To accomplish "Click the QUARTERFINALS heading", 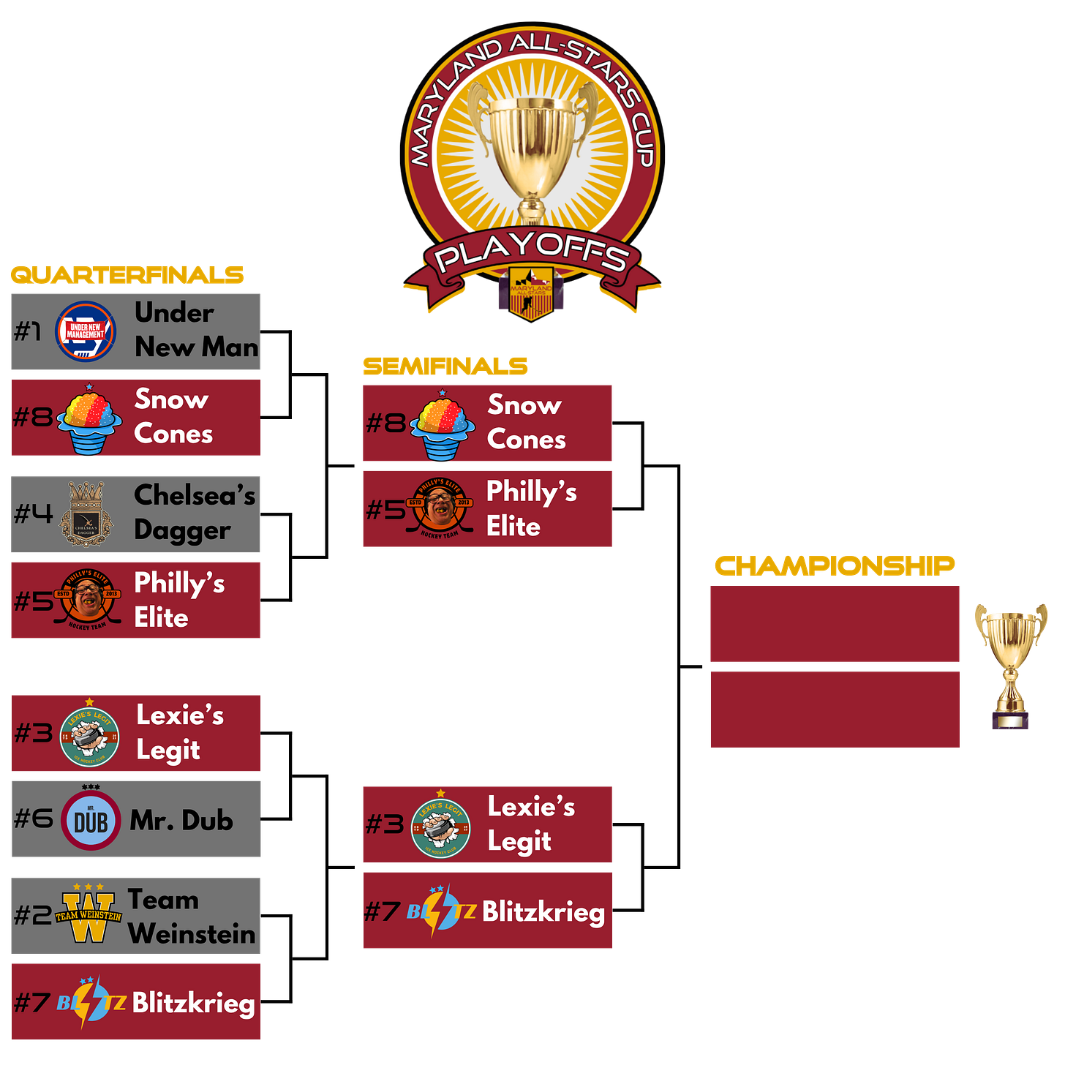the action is point(127,275).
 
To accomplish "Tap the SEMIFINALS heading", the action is point(445,366).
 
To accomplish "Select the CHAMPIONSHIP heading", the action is point(835,565).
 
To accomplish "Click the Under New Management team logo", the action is point(86,331).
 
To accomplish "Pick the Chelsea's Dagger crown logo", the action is point(86,514).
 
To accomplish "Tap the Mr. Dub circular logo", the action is point(91,821).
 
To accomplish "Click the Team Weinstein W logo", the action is point(89,915).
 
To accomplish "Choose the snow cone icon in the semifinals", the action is point(442,426).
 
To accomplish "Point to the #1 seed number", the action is point(28,331).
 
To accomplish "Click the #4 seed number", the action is point(33,513).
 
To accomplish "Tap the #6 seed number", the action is point(33,818).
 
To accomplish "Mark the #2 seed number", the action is point(33,914).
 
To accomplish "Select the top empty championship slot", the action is point(835,624).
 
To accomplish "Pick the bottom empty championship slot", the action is point(835,710).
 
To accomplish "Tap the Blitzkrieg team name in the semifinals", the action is point(543,912).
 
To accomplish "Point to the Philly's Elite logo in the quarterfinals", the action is point(87,600).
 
